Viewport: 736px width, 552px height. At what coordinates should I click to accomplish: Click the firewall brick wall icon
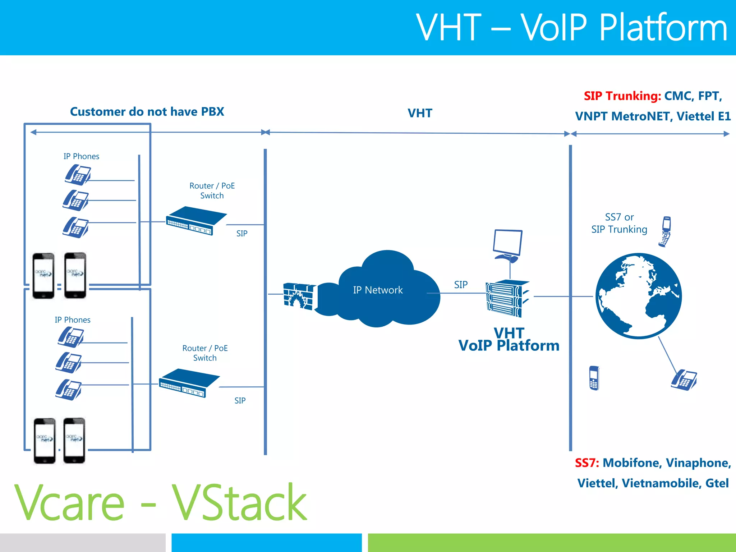click(x=299, y=296)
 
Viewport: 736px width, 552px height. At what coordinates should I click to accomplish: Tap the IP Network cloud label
click(x=378, y=290)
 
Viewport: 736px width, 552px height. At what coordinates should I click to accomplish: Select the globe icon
click(x=639, y=296)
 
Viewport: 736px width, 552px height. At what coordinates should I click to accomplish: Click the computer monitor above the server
click(x=508, y=245)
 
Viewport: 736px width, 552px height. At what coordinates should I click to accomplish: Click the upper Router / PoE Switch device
click(x=196, y=220)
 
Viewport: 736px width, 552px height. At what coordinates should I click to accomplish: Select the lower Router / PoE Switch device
click(x=189, y=383)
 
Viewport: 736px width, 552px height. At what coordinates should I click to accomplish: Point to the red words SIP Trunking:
click(x=622, y=96)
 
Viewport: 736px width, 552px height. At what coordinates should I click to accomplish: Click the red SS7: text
click(x=586, y=463)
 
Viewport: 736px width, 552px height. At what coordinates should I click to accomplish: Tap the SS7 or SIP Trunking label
click(x=619, y=223)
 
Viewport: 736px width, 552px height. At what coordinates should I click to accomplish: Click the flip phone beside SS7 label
click(x=666, y=231)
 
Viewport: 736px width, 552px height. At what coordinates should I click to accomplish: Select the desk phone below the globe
click(x=684, y=380)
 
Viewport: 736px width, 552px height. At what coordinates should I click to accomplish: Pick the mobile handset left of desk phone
click(x=594, y=378)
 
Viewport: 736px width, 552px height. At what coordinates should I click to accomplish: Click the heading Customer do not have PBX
click(x=147, y=112)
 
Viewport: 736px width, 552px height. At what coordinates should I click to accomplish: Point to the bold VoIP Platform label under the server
click(x=509, y=346)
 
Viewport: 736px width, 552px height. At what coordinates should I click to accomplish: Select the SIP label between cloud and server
click(x=461, y=285)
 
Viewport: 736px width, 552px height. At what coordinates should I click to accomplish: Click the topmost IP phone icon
click(x=78, y=175)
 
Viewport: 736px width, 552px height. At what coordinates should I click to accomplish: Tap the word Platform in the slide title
click(x=663, y=27)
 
